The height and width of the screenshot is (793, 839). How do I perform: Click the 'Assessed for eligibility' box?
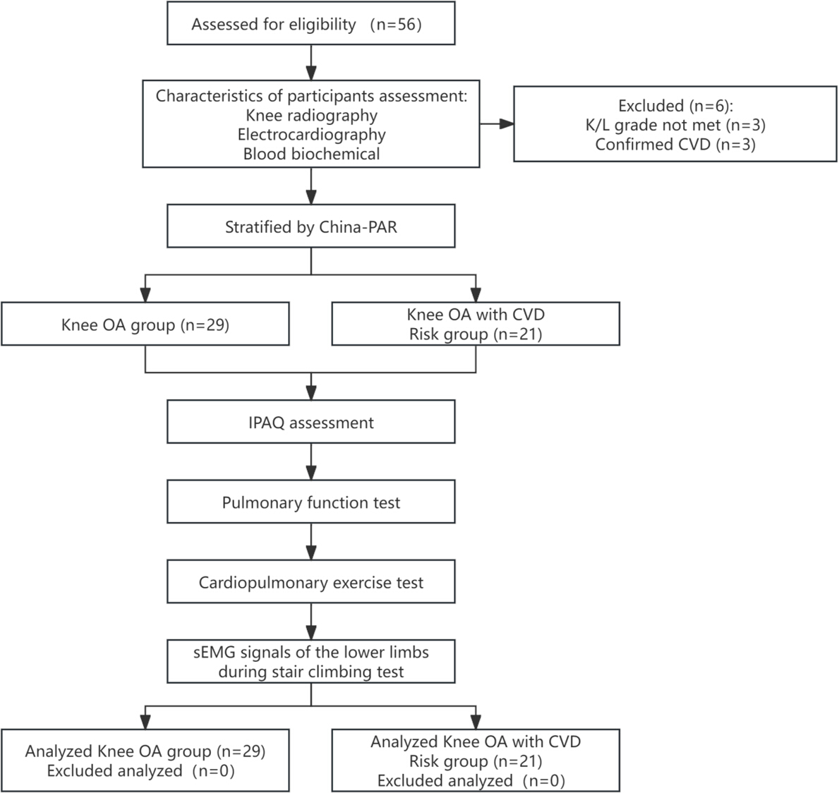(x=311, y=23)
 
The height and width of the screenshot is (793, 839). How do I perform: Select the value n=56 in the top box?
(x=396, y=25)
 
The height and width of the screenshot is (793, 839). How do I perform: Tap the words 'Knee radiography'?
(x=311, y=115)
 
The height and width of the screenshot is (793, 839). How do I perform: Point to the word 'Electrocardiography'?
(x=311, y=134)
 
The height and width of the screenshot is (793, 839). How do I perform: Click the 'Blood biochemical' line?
(x=311, y=154)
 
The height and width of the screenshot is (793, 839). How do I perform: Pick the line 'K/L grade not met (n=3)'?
(x=675, y=125)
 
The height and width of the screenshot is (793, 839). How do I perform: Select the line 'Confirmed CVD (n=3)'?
(x=675, y=144)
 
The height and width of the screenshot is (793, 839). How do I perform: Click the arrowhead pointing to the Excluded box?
(x=507, y=124)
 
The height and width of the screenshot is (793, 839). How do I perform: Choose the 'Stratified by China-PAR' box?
(x=311, y=226)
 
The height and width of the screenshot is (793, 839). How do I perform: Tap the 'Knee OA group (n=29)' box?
(x=145, y=324)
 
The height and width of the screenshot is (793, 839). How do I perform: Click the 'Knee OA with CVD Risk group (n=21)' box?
(x=476, y=324)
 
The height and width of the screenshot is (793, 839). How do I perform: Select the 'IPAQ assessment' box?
(x=311, y=422)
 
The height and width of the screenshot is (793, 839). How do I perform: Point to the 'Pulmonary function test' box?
(x=311, y=502)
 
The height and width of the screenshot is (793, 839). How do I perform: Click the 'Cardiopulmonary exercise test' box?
(x=311, y=581)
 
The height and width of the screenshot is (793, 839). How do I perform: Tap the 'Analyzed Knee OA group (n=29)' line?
(x=145, y=751)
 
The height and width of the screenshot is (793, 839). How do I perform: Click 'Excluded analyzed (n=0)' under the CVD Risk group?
(x=471, y=781)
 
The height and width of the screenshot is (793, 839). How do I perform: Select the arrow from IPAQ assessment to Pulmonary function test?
(x=311, y=461)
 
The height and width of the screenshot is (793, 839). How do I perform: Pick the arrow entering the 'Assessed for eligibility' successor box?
(x=311, y=63)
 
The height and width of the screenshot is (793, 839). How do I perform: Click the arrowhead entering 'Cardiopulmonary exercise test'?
(x=311, y=552)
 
